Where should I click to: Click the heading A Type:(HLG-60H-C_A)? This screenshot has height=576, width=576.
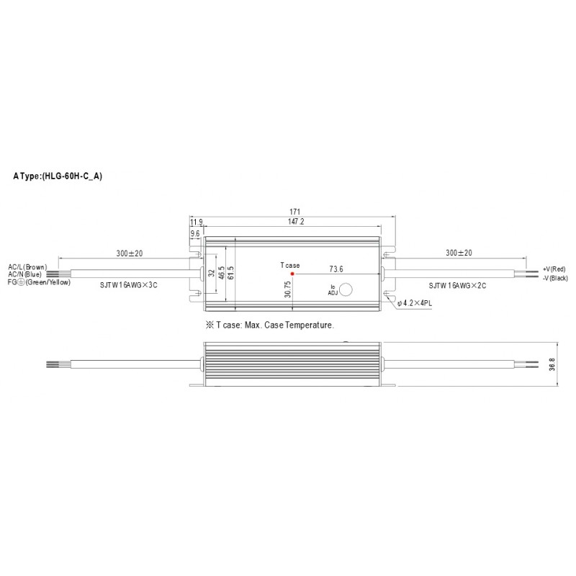pos(58,176)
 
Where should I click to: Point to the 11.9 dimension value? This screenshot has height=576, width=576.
pos(196,222)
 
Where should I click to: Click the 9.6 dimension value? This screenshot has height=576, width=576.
pos(194,234)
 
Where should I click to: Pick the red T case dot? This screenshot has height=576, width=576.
pos(292,274)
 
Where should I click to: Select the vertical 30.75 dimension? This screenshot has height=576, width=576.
pos(288,289)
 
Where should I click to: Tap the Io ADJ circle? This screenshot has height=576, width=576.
pos(345,289)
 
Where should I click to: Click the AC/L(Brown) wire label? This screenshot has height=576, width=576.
pos(27,267)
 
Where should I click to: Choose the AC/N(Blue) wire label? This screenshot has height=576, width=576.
pos(24,274)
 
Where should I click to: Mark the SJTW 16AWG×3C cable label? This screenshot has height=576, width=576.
pos(130,285)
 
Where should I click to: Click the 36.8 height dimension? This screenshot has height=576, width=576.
pos(552,365)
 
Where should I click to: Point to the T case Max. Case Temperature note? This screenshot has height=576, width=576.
pos(270,325)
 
